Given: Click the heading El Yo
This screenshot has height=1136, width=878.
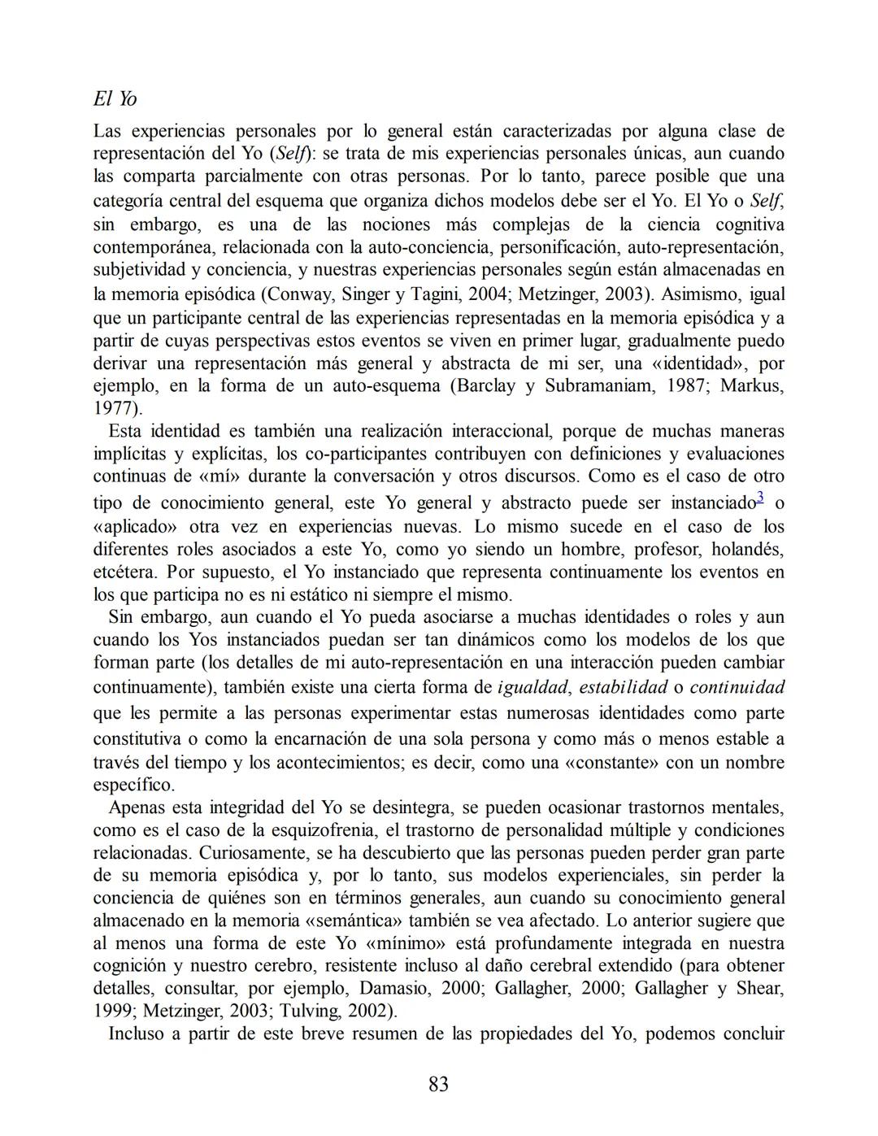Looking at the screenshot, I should (x=115, y=99).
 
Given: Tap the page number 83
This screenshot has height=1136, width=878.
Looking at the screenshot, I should (x=438, y=1084).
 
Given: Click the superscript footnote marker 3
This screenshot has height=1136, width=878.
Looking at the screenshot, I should (x=760, y=497).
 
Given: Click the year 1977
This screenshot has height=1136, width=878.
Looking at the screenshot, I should (x=115, y=408).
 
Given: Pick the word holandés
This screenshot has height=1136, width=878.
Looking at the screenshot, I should (x=746, y=549).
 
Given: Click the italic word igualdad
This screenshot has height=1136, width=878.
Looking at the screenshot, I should (x=532, y=687).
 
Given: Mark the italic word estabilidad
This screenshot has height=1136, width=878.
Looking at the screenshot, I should (x=623, y=687).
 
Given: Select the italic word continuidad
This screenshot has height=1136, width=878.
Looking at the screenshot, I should (x=737, y=687).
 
